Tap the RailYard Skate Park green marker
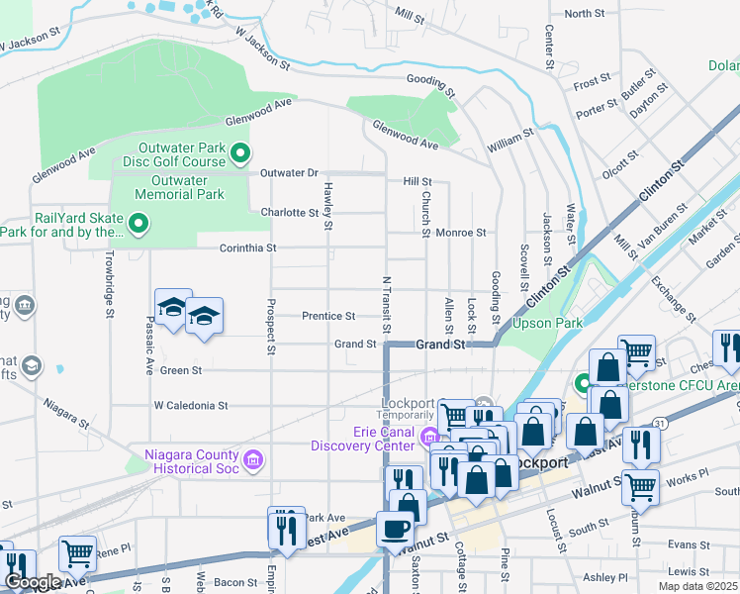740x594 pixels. click(139, 225)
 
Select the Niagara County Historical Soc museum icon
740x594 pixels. click(253, 458)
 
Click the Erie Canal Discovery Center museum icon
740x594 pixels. click(429, 437)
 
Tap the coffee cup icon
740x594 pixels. click(394, 529)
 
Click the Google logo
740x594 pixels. click(33, 582)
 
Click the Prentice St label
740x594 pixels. click(328, 317)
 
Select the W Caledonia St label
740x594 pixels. click(191, 406)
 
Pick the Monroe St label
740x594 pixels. click(461, 233)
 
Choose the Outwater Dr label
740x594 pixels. click(289, 173)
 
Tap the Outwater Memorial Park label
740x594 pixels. click(179, 188)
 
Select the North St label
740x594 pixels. click(584, 14)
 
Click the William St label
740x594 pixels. click(510, 140)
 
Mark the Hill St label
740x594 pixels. click(416, 182)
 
